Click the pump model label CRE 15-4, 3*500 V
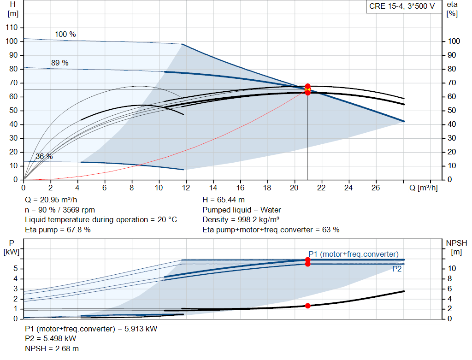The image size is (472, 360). tap(401, 6)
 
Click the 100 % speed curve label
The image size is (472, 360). tap(65, 35)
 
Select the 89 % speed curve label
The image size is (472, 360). tap(59, 63)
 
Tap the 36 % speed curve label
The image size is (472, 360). tap(44, 157)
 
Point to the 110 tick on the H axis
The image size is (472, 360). tap(12, 28)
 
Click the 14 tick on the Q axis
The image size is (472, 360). tap(213, 188)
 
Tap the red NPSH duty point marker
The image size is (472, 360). tap(307, 306)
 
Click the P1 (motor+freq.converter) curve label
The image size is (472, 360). tap(354, 254)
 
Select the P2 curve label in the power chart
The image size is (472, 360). tap(397, 269)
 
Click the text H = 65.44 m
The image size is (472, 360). tap(224, 200)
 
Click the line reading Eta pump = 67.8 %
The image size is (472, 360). tap(58, 229)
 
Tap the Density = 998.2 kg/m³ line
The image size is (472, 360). tap(241, 219)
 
